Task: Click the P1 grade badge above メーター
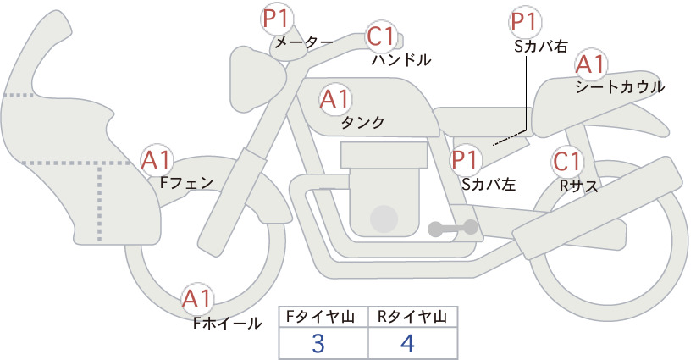point(276,19)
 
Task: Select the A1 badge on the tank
point(335,99)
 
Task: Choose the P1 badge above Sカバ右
point(525,22)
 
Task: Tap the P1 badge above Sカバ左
point(465,160)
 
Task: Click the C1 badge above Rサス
point(566,161)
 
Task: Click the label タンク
point(362,123)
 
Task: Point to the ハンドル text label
point(401,59)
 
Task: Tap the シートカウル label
point(620,87)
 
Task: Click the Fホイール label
point(228,324)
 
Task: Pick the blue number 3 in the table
point(318,344)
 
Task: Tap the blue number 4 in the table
point(407,344)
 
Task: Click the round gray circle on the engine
point(384,219)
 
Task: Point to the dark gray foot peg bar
point(453,228)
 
